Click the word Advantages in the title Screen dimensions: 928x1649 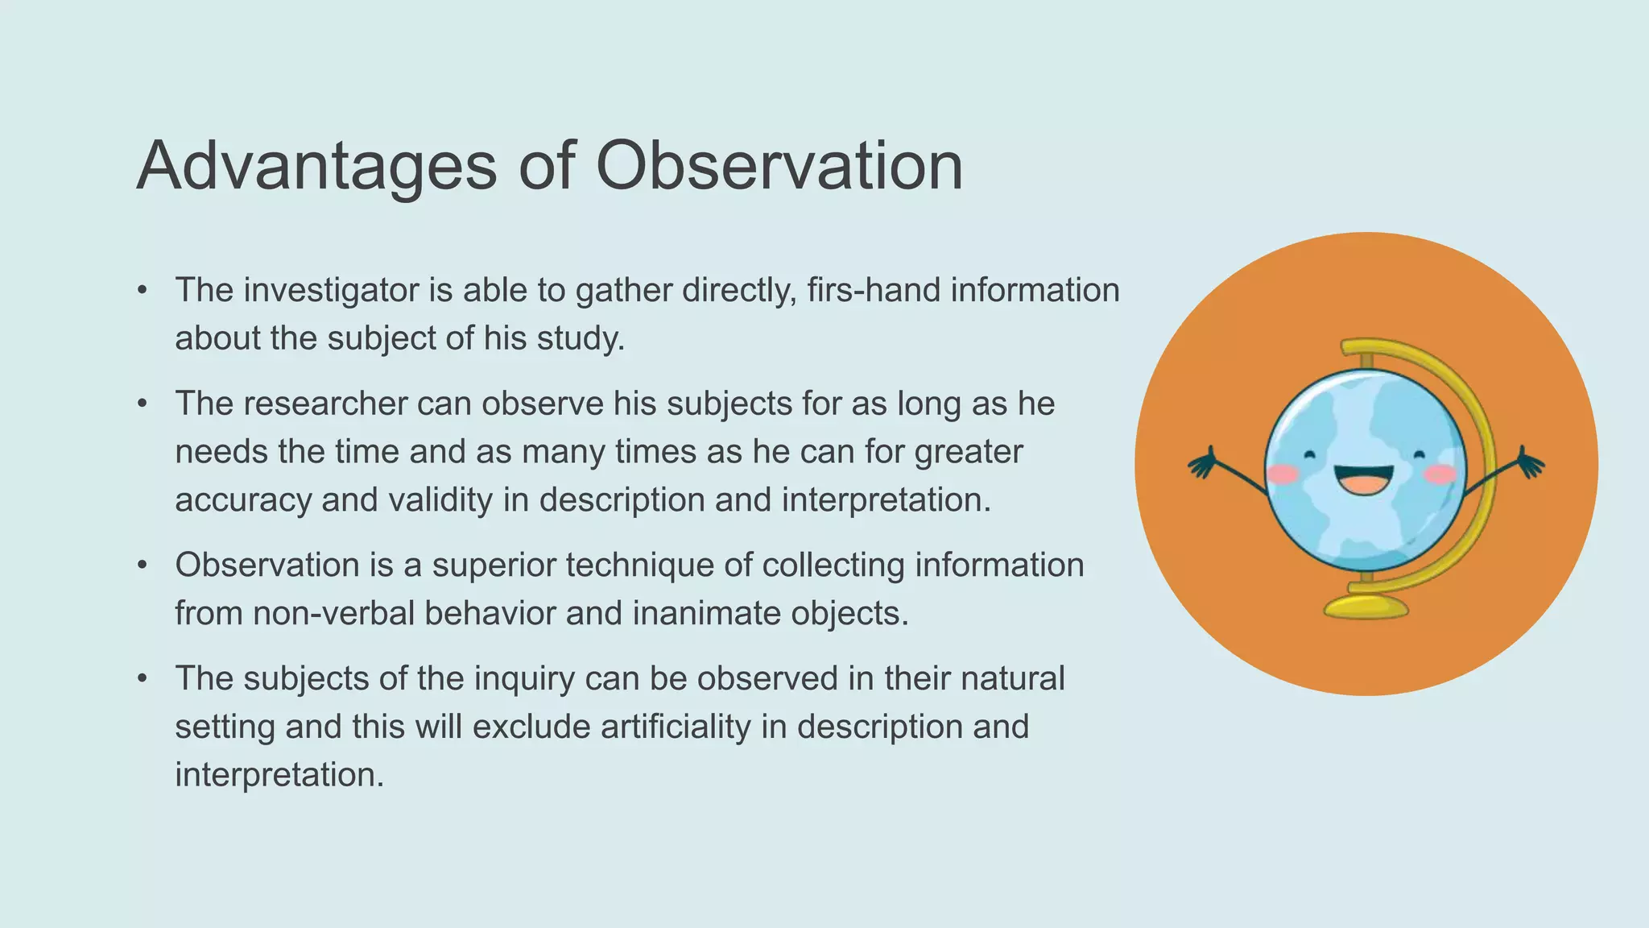click(x=316, y=167)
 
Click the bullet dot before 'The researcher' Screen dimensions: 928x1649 click(x=143, y=404)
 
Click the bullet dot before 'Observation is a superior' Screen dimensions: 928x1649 click(x=143, y=565)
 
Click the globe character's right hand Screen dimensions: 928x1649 click(x=1529, y=464)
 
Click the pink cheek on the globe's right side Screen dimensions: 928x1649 click(x=1440, y=474)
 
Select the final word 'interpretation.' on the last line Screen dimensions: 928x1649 click(x=279, y=775)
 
